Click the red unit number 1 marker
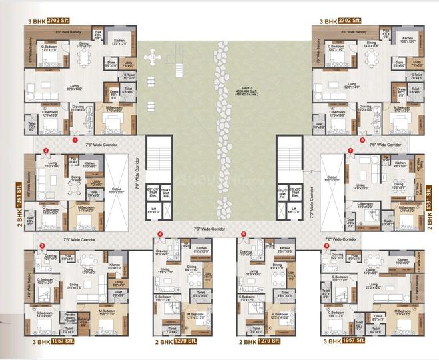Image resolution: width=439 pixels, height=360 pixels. click(74, 140)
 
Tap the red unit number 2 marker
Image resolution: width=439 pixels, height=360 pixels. click(45, 151)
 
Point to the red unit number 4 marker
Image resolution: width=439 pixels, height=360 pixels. click(160, 233)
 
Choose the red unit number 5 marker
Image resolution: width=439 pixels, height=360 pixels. click(244, 233)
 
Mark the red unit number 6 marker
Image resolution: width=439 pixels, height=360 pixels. click(327, 245)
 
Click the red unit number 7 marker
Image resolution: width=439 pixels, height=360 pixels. click(350, 151)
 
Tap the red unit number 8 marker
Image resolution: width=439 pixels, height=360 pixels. click(362, 140)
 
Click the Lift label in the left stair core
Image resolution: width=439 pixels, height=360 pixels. click(153, 211)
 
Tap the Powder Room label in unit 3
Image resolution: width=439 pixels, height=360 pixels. click(68, 319)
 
